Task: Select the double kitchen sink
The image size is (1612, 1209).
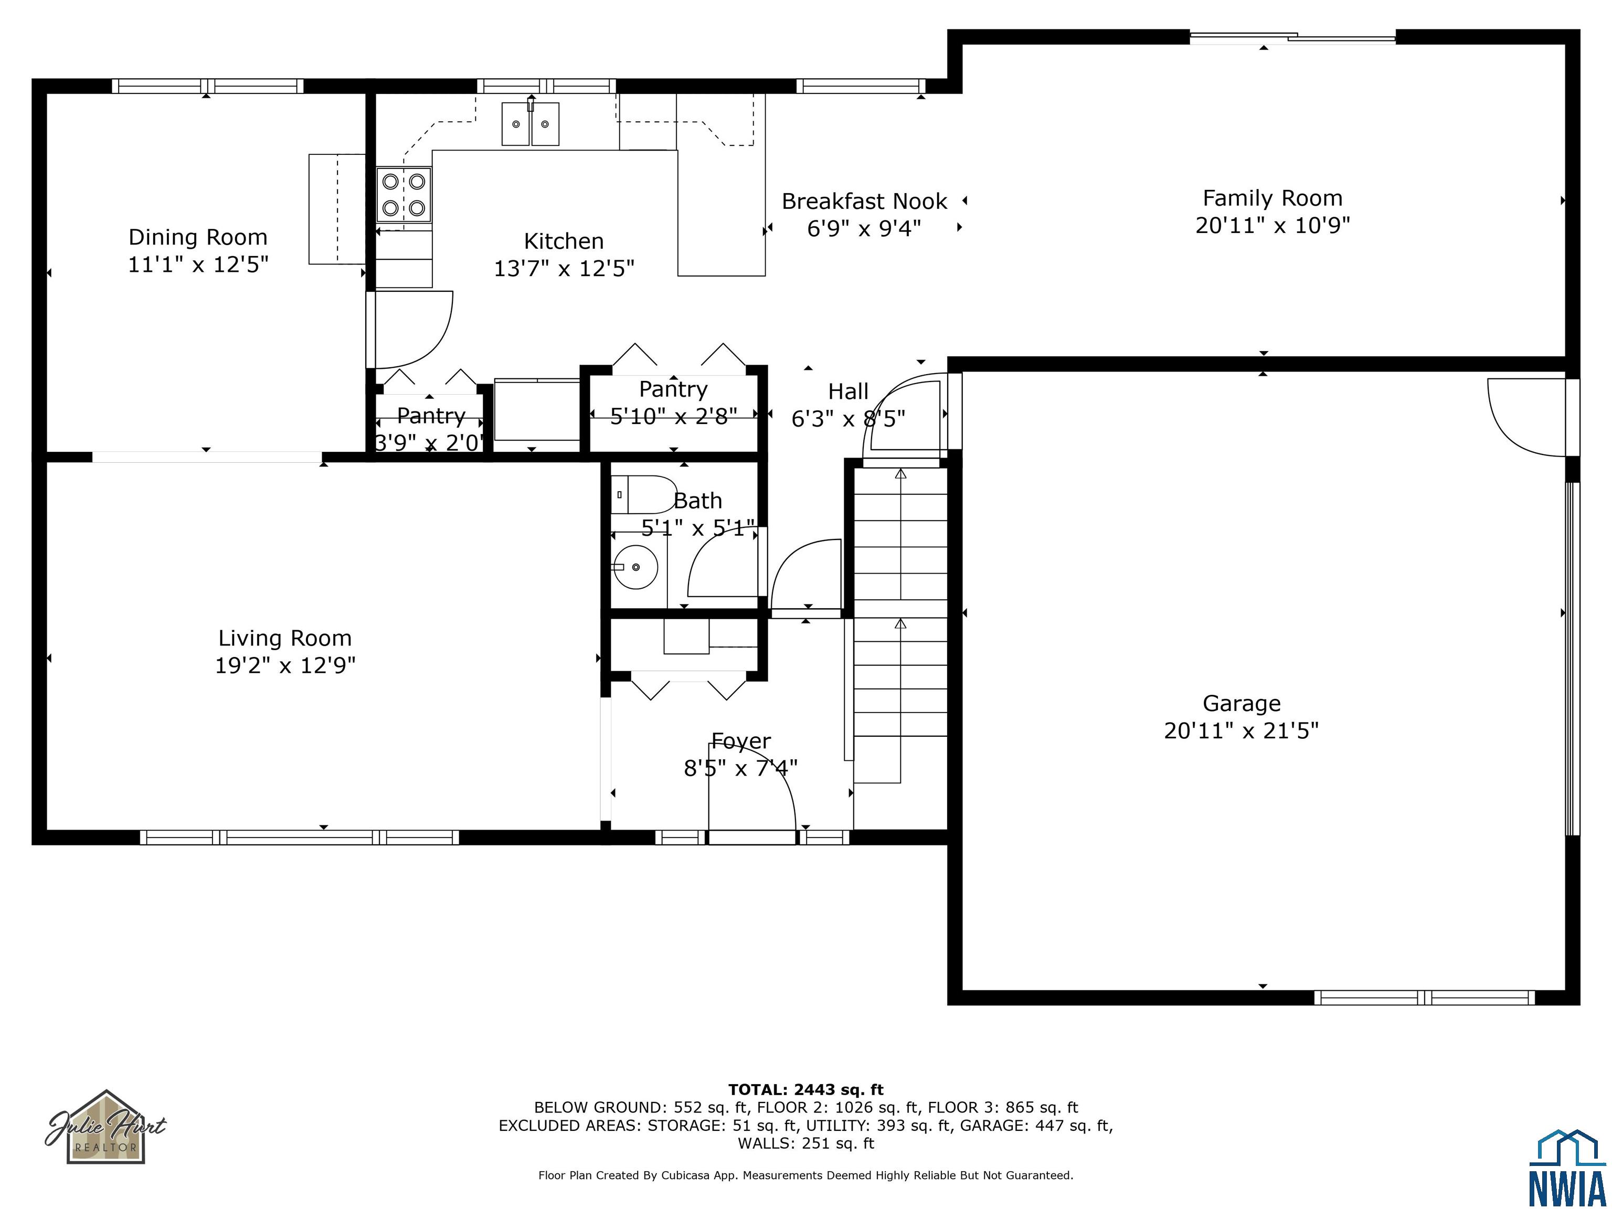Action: click(531, 124)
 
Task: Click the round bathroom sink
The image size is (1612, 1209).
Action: click(635, 567)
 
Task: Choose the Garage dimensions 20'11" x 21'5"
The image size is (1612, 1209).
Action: click(1241, 730)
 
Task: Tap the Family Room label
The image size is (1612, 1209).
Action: click(1272, 198)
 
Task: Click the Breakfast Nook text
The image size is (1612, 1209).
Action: click(864, 201)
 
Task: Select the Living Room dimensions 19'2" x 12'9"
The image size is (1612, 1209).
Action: click(285, 665)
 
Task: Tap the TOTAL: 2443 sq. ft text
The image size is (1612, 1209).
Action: click(806, 1089)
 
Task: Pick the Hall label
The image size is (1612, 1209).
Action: click(849, 392)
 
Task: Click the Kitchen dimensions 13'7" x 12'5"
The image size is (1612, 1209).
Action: click(564, 269)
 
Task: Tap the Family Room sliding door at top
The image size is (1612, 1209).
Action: click(1293, 37)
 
